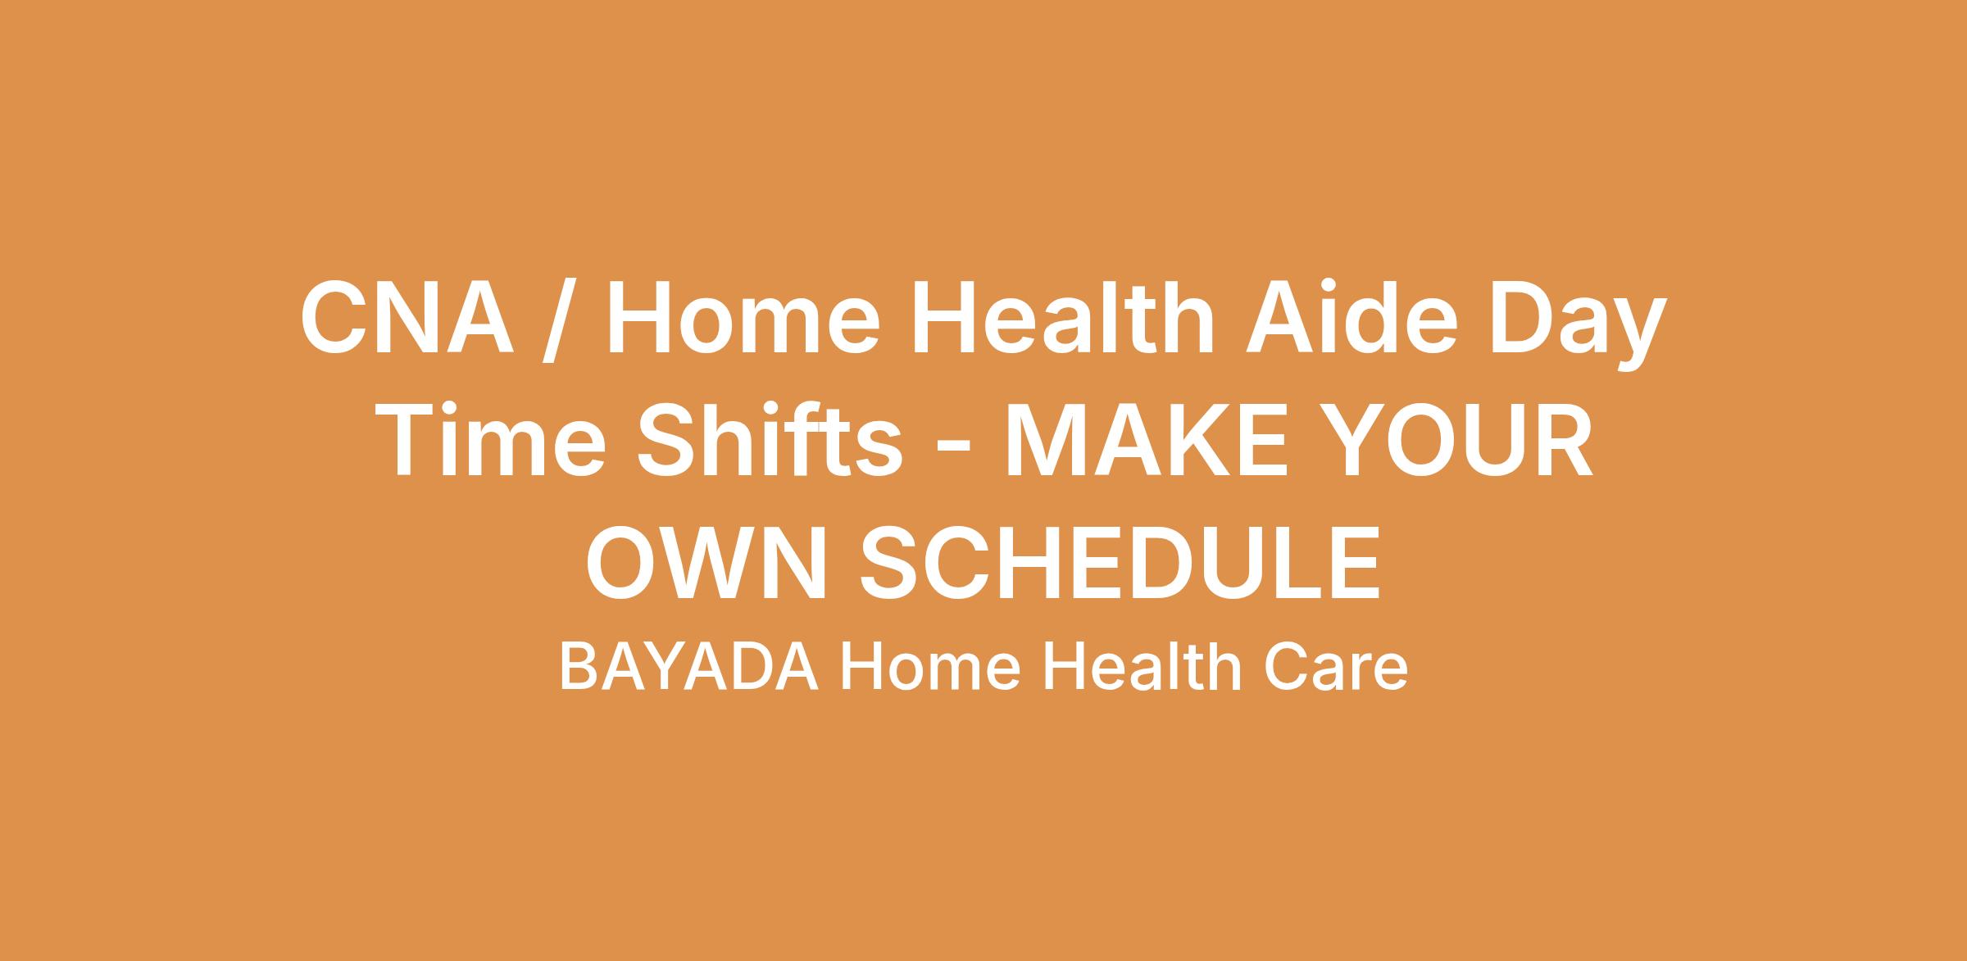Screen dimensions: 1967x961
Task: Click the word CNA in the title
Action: [x=407, y=317]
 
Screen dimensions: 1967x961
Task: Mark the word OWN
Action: [x=706, y=563]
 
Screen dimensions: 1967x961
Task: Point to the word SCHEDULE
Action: [x=1120, y=563]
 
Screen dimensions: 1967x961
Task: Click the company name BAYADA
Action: [x=688, y=668]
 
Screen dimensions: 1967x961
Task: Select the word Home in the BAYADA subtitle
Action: [x=929, y=668]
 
